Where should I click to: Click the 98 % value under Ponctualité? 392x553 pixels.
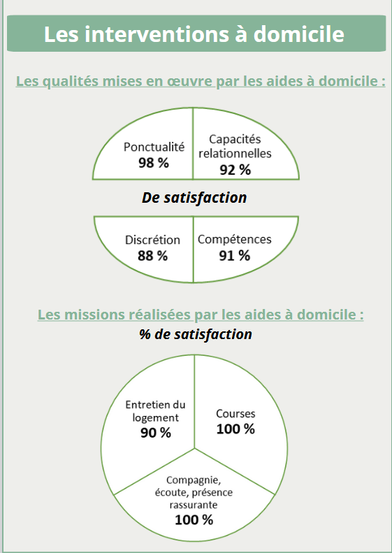154,163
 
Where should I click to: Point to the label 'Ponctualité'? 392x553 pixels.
154,147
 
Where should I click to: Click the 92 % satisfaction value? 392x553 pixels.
235,170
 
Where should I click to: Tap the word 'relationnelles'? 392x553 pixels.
235,154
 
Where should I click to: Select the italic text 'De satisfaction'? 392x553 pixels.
194,197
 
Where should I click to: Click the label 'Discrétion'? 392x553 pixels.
152,240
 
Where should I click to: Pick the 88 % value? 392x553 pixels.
152,256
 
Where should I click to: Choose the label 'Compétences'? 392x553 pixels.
234,239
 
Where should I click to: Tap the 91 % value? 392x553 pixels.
234,256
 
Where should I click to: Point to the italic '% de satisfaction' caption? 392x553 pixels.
196,334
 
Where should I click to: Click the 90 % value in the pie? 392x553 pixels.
156,433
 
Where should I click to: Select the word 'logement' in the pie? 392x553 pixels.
155,417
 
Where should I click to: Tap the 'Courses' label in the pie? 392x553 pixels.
235,413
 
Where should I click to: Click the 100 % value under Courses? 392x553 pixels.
235,429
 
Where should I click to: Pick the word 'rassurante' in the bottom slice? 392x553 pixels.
194,505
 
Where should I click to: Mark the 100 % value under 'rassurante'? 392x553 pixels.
194,520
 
